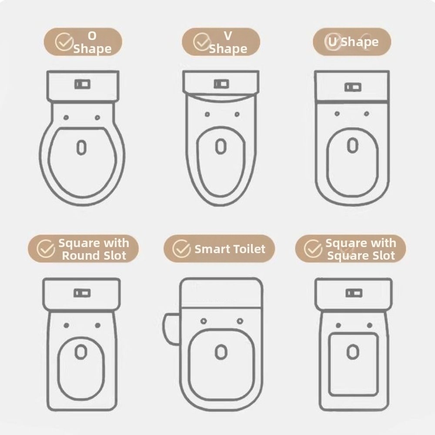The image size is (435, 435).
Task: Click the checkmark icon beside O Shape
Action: [x=64, y=42]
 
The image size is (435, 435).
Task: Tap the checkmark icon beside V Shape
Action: [x=202, y=42]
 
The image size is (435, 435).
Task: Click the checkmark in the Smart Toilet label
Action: [x=181, y=248]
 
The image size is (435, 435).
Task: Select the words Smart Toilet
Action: [x=230, y=249]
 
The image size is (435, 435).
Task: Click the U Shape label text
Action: [x=353, y=42]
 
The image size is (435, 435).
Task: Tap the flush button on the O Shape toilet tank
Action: [x=82, y=84]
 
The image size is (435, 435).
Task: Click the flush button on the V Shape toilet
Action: [x=221, y=84]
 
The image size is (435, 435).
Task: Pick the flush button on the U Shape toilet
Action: [x=353, y=87]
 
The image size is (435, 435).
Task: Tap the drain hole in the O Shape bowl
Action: [x=81, y=147]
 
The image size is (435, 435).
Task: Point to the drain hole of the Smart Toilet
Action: [x=221, y=352]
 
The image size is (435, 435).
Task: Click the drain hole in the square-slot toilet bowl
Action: [x=353, y=352]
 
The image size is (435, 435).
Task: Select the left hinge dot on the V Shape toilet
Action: [x=207, y=114]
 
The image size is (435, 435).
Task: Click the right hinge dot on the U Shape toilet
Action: [x=366, y=114]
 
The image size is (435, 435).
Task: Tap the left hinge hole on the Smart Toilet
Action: [x=204, y=321]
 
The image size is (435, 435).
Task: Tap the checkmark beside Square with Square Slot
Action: [x=313, y=248]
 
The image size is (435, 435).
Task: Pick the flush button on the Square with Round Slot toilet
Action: [x=82, y=293]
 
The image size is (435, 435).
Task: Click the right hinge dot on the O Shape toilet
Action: [x=97, y=117]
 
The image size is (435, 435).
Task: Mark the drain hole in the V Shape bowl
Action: [x=221, y=147]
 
